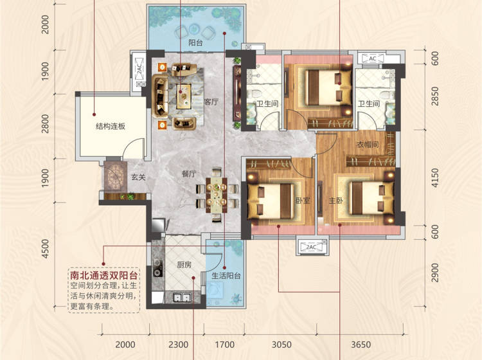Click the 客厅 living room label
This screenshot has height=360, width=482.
(x=211, y=102)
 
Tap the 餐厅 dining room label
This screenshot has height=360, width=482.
(x=189, y=174)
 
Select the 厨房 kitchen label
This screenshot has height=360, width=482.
(x=184, y=265)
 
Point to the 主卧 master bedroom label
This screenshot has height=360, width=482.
(x=335, y=201)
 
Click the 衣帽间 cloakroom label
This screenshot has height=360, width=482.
(x=368, y=144)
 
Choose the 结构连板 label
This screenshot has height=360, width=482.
(x=111, y=126)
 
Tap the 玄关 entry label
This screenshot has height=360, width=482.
(x=138, y=177)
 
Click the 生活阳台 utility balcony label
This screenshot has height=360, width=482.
(x=226, y=276)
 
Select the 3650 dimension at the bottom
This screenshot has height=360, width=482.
(x=361, y=345)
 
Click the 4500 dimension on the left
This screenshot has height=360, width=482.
(x=45, y=249)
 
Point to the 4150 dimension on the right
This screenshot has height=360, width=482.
(x=435, y=177)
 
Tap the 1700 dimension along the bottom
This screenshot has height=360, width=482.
(x=224, y=345)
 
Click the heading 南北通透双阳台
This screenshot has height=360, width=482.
(x=103, y=275)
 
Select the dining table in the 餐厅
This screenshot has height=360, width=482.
(x=217, y=195)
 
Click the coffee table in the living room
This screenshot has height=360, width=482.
(x=184, y=96)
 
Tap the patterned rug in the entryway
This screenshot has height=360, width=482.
(x=115, y=177)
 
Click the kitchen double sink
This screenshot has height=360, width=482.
(x=183, y=298)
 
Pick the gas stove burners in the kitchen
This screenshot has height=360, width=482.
(x=158, y=268)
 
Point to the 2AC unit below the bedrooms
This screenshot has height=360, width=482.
(x=312, y=247)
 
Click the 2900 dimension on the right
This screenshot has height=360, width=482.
(x=435, y=273)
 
